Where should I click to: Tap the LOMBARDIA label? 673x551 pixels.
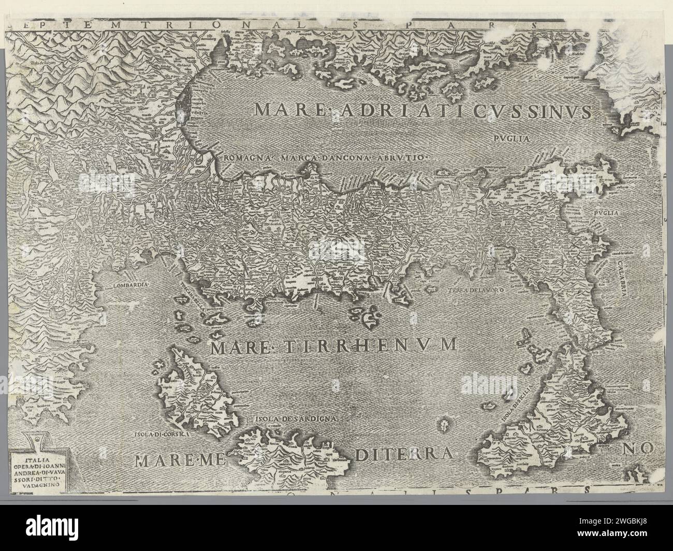pos(130,285)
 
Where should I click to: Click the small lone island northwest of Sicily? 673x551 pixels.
pos(444,425)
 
